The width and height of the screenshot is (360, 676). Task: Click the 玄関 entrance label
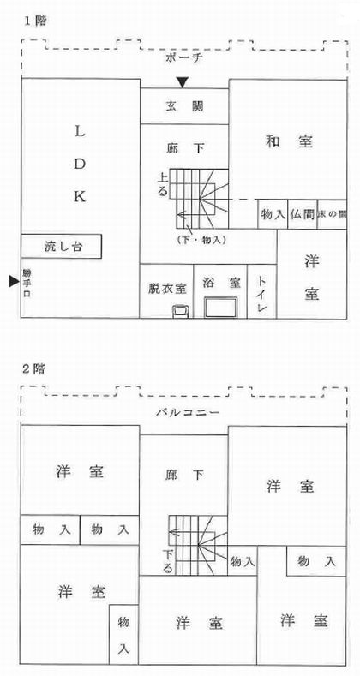coord(184,106)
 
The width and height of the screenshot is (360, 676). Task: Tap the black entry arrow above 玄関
coord(183,82)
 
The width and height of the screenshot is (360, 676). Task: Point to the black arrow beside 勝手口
coord(15,282)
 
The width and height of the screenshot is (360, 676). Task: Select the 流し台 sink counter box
coord(61,247)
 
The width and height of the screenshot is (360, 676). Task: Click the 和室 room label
coord(289,141)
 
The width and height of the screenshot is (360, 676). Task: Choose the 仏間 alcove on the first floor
coord(303,214)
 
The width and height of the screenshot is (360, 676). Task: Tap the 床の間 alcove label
coord(332,214)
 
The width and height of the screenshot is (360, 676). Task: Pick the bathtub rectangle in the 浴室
coord(221,308)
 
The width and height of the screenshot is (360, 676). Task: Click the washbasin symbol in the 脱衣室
coord(181,311)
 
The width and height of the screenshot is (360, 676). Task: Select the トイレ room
coord(261,291)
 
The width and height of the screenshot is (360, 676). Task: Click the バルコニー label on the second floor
coord(188,413)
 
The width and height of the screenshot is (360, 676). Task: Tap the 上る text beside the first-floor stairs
coord(163,185)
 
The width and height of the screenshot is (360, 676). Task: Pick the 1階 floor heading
coord(34,22)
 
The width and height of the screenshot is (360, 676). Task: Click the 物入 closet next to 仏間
coord(273,214)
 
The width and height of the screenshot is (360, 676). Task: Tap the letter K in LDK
coord(80,197)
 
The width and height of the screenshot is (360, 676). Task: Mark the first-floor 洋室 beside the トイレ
coord(312,274)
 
